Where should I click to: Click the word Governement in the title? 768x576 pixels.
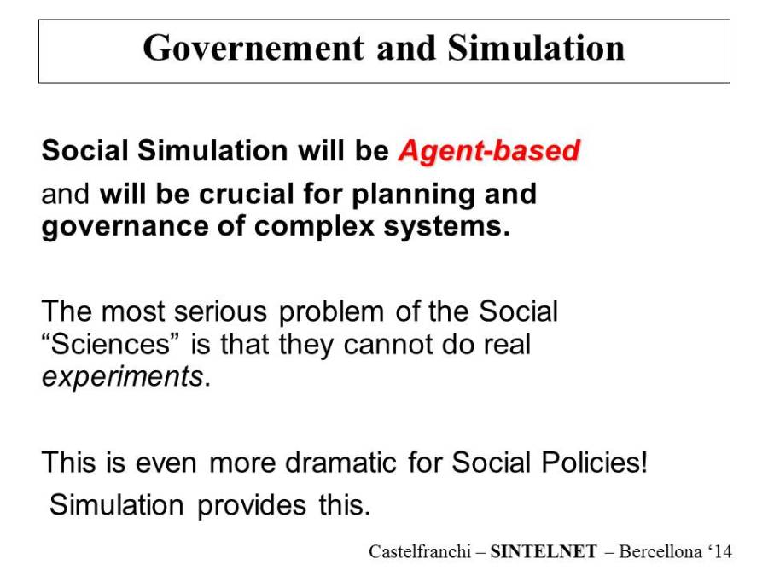coord(253,48)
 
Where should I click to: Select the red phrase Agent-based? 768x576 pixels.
coord(489,151)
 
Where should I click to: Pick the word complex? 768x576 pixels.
coord(314,227)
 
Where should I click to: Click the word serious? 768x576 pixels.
coord(220,311)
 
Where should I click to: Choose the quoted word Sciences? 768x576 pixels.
coord(110,345)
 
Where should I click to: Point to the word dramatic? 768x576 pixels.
coord(340,463)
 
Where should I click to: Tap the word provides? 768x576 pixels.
coord(252,506)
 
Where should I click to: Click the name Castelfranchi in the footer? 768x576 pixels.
coord(420,551)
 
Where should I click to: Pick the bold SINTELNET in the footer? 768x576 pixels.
coord(544,551)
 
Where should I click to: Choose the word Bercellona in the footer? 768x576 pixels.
coord(660,551)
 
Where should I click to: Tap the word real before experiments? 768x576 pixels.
coord(507,345)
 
